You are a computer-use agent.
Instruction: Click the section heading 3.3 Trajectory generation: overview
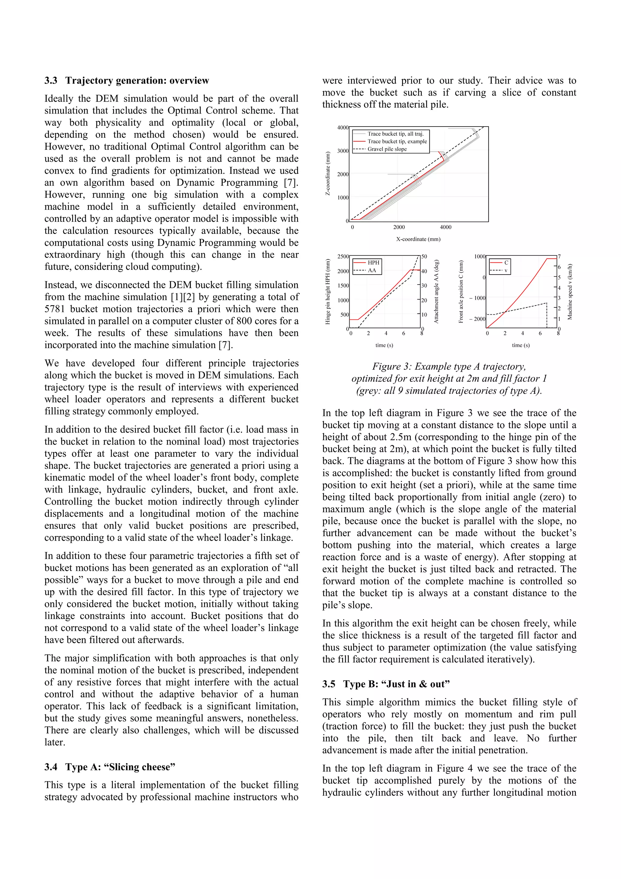[x=127, y=80]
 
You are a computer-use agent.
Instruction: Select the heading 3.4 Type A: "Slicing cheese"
[x=110, y=767]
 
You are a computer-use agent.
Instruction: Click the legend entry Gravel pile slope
[x=387, y=149]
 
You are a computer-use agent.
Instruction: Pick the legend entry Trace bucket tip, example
[x=397, y=141]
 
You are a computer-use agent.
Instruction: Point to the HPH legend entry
[x=373, y=263]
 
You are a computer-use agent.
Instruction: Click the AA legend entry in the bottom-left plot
[x=371, y=270]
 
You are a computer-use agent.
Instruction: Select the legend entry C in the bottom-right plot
[x=506, y=263]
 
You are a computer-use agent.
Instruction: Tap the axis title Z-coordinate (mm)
[x=328, y=174]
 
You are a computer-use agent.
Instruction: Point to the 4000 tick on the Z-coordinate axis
[x=342, y=127]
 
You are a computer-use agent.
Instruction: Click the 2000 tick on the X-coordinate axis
[x=399, y=227]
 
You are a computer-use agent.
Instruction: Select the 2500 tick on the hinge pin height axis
[x=343, y=256]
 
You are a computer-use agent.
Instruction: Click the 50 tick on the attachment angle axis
[x=424, y=256]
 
